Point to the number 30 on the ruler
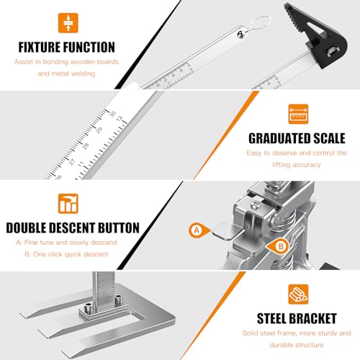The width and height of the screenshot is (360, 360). tap(112, 113)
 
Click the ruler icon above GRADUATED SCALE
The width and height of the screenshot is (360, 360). tap(297, 114)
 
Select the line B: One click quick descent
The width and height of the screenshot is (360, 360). tap(66, 253)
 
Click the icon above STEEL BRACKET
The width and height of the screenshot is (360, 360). tap(298, 292)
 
